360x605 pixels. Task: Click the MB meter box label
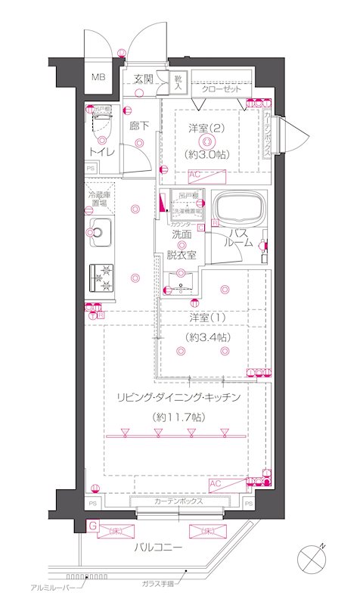(99, 77)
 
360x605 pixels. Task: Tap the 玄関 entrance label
(143, 79)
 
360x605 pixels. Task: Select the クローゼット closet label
(222, 89)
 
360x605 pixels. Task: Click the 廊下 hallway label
(138, 126)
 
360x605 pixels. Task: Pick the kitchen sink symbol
(101, 232)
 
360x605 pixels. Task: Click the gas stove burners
(101, 278)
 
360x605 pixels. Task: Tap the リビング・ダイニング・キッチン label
(178, 397)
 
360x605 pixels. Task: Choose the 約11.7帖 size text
(178, 417)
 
